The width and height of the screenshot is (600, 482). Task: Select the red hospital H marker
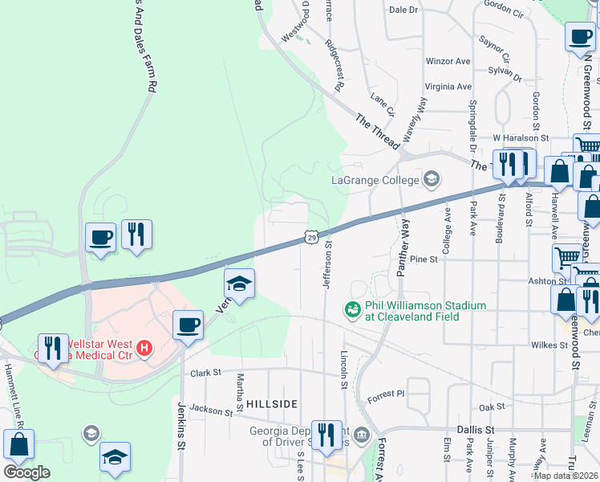coord(144,348)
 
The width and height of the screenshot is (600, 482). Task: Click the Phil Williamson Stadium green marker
coord(351,308)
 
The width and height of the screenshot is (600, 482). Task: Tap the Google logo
coord(26,472)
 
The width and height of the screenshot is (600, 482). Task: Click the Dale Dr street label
coord(403,10)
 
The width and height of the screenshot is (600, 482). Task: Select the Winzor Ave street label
coord(448,61)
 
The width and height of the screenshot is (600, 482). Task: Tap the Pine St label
coord(423,259)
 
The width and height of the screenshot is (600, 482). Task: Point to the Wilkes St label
coord(549,345)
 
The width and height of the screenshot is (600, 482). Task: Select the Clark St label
coord(205,373)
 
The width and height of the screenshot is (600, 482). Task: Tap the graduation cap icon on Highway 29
coord(239,283)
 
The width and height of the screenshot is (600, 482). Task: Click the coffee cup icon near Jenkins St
coord(188,325)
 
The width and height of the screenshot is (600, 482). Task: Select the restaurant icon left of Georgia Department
coord(326,435)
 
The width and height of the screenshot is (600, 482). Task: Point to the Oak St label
coord(492,407)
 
